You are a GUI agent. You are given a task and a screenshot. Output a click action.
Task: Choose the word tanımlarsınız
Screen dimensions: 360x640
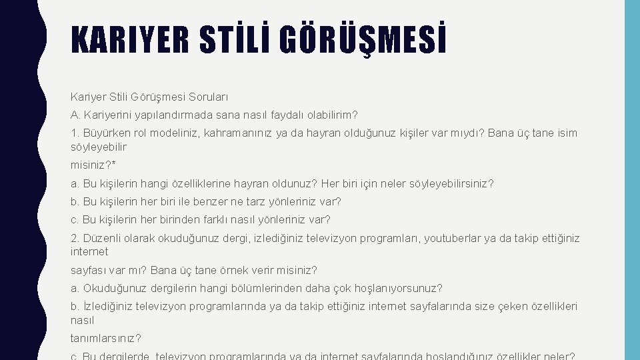coord(105,338)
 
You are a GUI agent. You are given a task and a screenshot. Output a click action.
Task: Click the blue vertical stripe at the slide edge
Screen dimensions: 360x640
coord(632,180)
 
